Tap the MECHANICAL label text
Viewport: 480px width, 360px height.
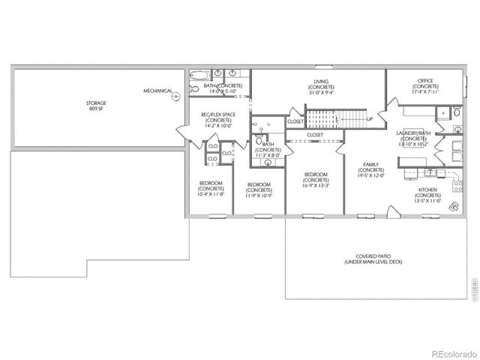point(157,91)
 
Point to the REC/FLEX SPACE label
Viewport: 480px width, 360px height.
point(218,121)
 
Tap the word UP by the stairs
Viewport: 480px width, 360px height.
point(370,118)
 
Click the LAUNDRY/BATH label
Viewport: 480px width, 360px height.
point(412,139)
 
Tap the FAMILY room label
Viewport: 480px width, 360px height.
point(370,170)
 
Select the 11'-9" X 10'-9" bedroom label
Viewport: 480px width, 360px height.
point(259,190)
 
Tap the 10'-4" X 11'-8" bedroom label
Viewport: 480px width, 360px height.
point(210,188)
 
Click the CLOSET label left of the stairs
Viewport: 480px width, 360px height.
point(295,121)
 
